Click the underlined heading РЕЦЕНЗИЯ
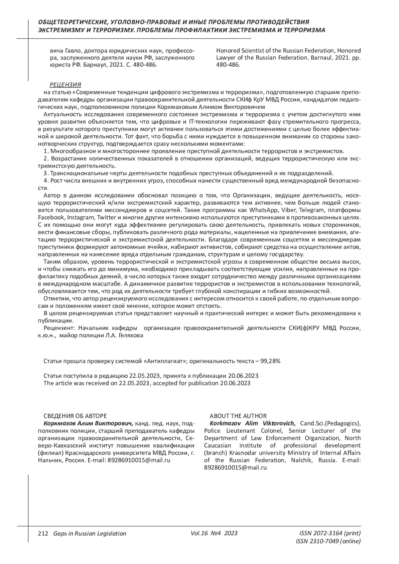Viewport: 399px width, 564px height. point(65,85)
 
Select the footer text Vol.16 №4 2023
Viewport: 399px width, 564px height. point(214,533)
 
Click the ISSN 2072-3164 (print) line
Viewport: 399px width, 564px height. point(330,533)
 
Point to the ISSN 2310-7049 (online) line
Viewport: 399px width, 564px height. point(328,541)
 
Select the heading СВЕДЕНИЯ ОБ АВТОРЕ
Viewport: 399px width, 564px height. point(75,416)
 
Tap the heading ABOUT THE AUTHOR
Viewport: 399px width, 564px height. point(238,416)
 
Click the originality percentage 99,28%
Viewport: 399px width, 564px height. point(271,361)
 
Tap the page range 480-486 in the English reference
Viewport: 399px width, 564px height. point(228,65)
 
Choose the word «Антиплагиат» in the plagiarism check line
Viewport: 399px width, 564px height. point(165,361)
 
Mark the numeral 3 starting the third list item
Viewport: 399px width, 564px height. point(45,173)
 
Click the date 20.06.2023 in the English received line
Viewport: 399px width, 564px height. point(235,383)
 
